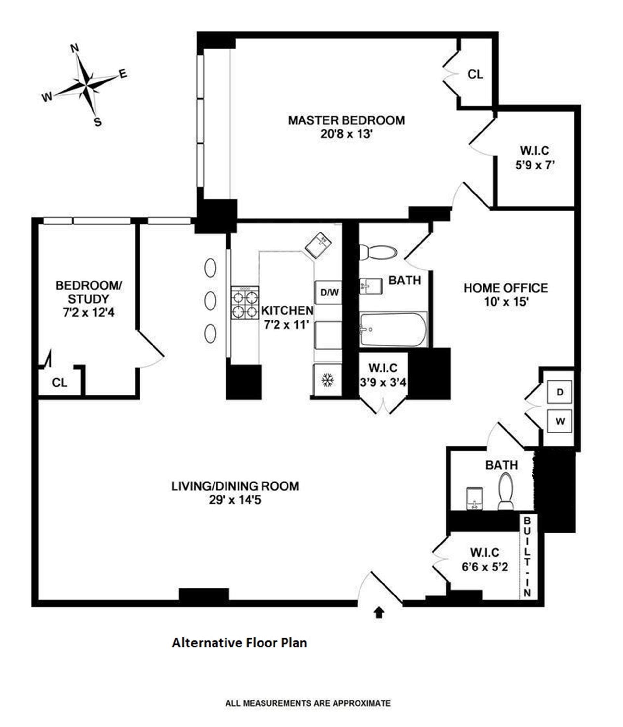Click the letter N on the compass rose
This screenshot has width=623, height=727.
(74, 48)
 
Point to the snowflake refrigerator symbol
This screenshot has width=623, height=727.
(327, 380)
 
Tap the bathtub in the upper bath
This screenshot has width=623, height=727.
(393, 329)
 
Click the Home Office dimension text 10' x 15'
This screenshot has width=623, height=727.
(506, 301)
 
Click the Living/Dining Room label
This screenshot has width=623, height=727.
(235, 486)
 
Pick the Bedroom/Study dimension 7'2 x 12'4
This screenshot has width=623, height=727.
(89, 312)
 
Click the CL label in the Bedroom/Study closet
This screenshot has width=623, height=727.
(59, 382)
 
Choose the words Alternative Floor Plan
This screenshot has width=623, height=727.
(239, 643)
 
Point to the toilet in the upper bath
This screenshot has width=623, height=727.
(378, 252)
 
